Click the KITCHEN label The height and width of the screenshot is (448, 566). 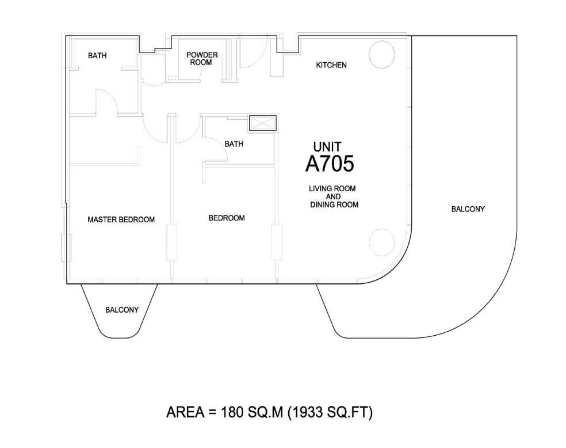tap(331, 65)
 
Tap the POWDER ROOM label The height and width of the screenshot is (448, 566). tap(202, 59)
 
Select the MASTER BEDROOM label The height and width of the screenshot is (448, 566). tap(121, 219)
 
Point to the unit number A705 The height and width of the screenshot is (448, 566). tap(330, 164)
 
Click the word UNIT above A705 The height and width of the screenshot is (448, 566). tap(327, 147)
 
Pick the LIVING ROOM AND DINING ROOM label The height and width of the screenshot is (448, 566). tap(334, 196)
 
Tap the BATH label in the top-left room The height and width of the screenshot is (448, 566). tap(97, 56)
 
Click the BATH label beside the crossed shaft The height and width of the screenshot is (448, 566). tap(234, 144)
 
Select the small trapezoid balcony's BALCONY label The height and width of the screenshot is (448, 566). tap(122, 310)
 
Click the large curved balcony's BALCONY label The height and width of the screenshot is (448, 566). tap(468, 209)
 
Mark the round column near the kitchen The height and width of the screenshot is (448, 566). tap(382, 55)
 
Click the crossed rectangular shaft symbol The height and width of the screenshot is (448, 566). tap(262, 123)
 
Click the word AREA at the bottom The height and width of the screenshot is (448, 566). tap(185, 412)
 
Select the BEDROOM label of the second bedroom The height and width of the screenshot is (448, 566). tap(227, 218)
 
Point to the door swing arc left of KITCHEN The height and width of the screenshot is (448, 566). tap(254, 53)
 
